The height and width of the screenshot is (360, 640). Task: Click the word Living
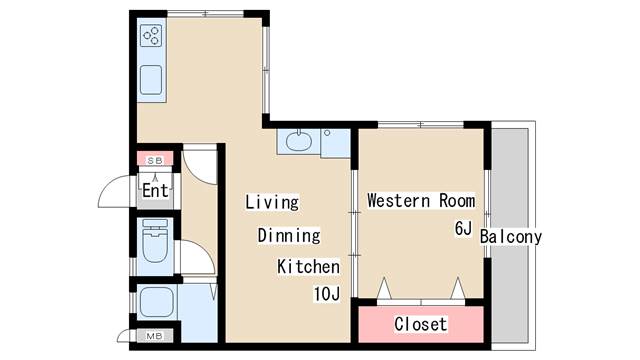(273, 202)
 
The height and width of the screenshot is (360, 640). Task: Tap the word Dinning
(289, 236)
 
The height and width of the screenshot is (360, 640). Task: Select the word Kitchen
(309, 267)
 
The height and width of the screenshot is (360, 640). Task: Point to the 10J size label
(327, 294)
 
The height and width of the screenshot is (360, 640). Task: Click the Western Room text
(420, 200)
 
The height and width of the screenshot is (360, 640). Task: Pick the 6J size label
(463, 228)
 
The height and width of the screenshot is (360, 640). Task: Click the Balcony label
(510, 237)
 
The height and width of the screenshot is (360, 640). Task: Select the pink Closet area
(421, 324)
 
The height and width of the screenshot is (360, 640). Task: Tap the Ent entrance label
(154, 190)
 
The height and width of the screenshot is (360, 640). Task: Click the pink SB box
(155, 160)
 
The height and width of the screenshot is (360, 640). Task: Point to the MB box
(155, 336)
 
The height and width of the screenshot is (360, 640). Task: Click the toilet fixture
(154, 243)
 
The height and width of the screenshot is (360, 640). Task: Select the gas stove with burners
(152, 37)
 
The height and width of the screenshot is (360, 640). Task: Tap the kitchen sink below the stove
(152, 79)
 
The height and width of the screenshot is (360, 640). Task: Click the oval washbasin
(298, 141)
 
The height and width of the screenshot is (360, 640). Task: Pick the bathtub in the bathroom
(156, 301)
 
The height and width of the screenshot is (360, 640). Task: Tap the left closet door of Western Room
(383, 289)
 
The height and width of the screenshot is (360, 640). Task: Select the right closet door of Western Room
(458, 289)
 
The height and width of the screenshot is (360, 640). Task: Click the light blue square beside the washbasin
(336, 143)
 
